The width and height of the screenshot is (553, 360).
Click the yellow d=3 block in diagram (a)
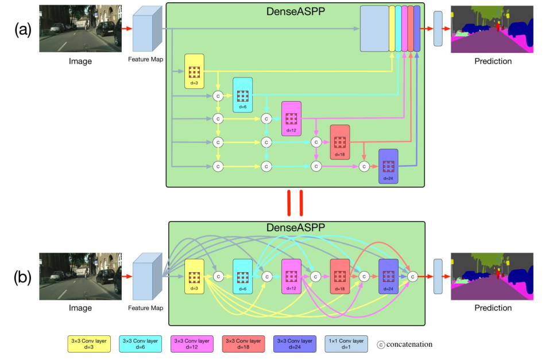coord(194,71)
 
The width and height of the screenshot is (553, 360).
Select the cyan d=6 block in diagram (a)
coord(242,95)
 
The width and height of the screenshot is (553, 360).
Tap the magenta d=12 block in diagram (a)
coord(291,118)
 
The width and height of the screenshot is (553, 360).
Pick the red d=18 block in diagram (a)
coord(339,142)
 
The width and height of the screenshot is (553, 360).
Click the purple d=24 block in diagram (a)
coord(388,166)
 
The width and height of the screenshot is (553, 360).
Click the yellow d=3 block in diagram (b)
coord(194,276)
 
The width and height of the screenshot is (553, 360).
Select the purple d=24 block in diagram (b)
coord(388,276)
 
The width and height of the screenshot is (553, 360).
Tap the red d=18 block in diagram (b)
coord(339,276)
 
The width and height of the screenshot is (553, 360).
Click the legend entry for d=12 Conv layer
coord(193,344)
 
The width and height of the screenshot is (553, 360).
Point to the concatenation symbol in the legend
coord(381,344)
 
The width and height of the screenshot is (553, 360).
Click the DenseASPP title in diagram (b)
coord(295,228)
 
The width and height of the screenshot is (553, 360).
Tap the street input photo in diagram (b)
coord(80,276)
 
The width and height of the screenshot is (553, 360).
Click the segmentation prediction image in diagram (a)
coord(492,29)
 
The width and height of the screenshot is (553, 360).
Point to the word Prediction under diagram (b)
coord(493,308)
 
